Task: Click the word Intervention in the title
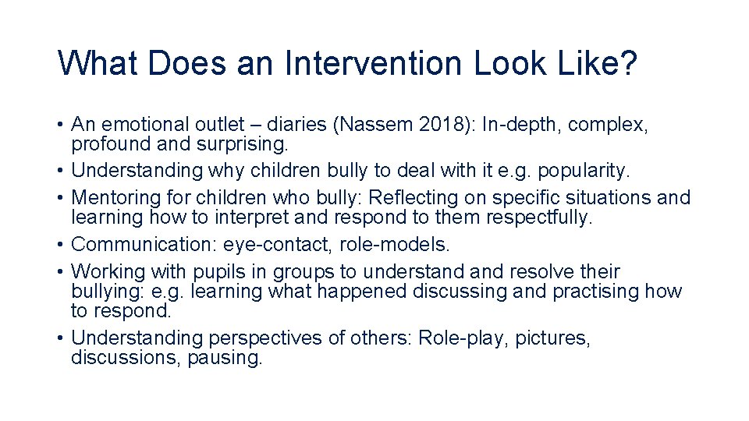(373, 63)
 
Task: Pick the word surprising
(242, 144)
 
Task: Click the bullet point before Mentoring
(60, 198)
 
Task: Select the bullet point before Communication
(60, 245)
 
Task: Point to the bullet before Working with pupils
(60, 272)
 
